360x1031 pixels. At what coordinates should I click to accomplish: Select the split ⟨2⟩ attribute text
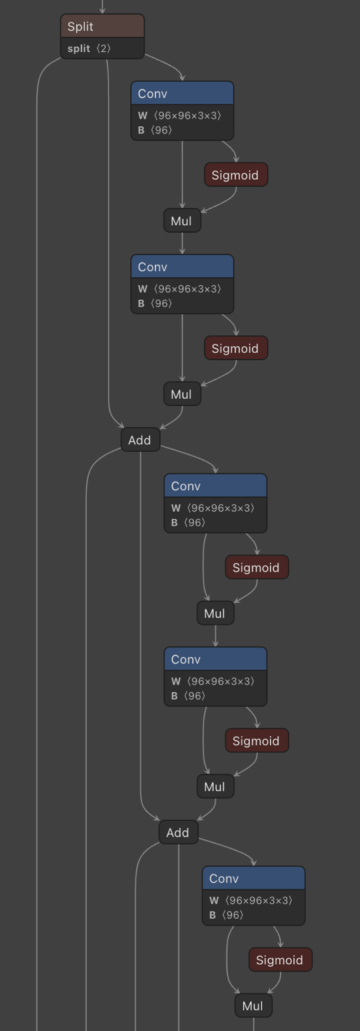(89, 48)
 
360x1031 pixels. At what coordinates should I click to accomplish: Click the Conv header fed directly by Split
(182, 94)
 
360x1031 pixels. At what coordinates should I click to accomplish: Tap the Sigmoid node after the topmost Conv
(236, 175)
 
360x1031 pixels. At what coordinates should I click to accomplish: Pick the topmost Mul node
(182, 220)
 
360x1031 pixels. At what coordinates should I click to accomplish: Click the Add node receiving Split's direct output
(140, 440)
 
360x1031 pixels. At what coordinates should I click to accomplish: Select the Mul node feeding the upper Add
(182, 394)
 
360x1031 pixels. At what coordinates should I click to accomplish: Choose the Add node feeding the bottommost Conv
(178, 832)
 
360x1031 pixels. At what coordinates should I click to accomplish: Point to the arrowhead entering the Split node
(102, 11)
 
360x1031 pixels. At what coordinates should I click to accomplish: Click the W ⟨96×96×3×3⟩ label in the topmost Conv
(180, 116)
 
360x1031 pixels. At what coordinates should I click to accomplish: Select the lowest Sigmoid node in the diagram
(281, 960)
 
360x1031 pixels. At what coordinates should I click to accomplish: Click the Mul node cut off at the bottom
(253, 1006)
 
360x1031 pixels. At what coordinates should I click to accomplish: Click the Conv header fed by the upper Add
(216, 486)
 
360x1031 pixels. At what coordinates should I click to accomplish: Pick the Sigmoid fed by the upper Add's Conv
(257, 567)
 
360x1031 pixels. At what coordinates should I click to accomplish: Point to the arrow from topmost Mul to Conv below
(182, 243)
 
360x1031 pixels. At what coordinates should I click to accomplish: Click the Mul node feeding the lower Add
(215, 786)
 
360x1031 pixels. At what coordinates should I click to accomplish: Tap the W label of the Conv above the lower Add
(212, 681)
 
